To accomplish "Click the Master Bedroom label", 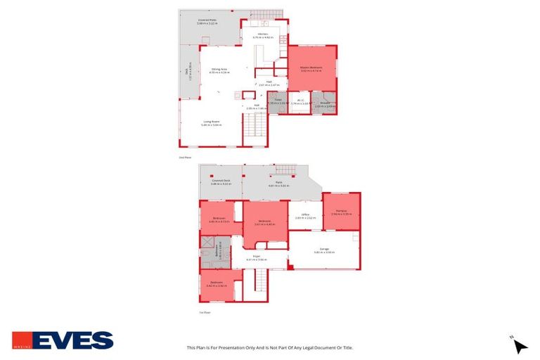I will click(311, 68).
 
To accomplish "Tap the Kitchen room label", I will click(263, 34).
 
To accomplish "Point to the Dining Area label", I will click(219, 69).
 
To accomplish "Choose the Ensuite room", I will click(324, 103).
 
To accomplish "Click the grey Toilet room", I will click(277, 102).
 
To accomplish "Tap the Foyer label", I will click(257, 257).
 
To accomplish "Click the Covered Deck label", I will click(221, 181).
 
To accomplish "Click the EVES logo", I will click(63, 340).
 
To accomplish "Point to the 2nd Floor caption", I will click(185, 158).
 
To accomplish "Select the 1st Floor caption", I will click(205, 312).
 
